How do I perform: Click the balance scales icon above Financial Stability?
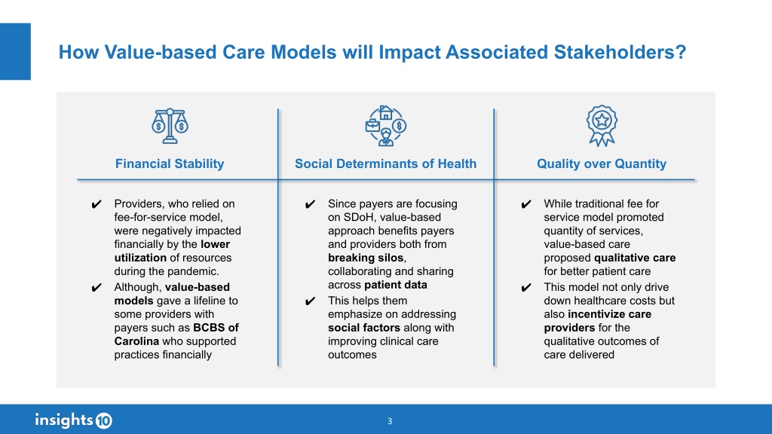tap(170, 126)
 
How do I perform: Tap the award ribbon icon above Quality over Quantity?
tap(602, 126)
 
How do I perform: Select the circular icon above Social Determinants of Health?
tap(385, 126)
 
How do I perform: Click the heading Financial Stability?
tap(170, 164)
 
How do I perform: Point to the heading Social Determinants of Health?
tap(385, 164)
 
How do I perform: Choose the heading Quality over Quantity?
tap(602, 164)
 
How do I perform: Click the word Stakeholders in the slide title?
tap(614, 52)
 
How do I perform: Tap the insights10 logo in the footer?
tap(74, 420)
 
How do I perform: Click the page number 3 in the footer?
tap(390, 421)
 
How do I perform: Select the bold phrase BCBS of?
tap(216, 328)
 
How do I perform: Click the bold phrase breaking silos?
tap(366, 258)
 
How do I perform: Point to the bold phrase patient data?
tap(396, 285)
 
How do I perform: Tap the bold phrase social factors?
tap(364, 328)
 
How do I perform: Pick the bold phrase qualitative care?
tap(635, 258)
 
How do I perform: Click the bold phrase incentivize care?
tap(609, 314)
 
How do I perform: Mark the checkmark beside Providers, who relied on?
tap(96, 204)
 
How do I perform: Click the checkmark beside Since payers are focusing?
tap(310, 204)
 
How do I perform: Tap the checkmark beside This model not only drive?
tap(525, 287)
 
